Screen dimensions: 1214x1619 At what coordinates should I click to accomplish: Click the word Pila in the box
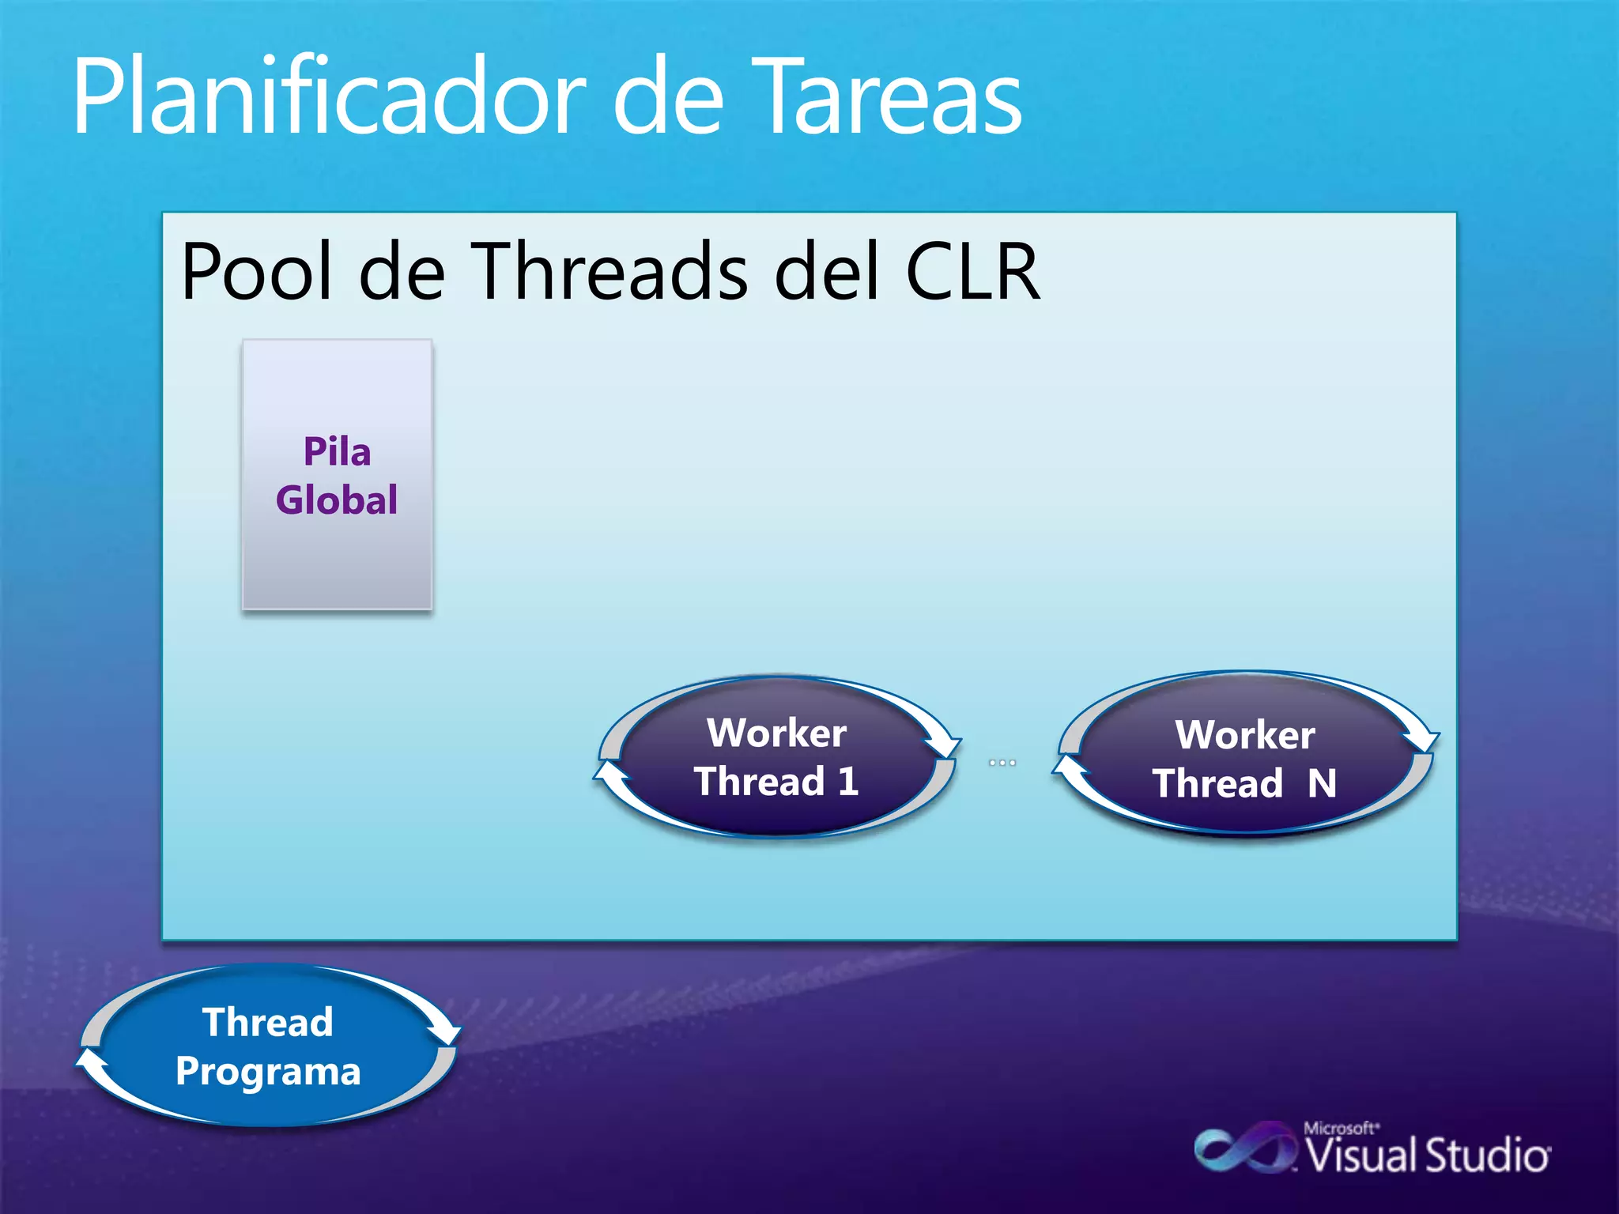click(x=337, y=452)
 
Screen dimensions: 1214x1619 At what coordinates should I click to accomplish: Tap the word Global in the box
click(x=337, y=500)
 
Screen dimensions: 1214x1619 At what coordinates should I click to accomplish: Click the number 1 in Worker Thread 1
click(x=848, y=782)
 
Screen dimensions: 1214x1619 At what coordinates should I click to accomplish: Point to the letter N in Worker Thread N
click(x=1322, y=784)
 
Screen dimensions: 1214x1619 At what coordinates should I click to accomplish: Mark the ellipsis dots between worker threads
click(x=1002, y=763)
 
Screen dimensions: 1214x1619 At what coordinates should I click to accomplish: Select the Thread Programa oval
click(x=268, y=1046)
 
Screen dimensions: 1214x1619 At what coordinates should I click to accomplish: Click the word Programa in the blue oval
click(x=268, y=1072)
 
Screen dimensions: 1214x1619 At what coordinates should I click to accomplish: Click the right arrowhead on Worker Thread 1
click(x=944, y=745)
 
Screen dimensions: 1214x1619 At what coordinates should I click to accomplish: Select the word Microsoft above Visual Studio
click(x=1339, y=1128)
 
